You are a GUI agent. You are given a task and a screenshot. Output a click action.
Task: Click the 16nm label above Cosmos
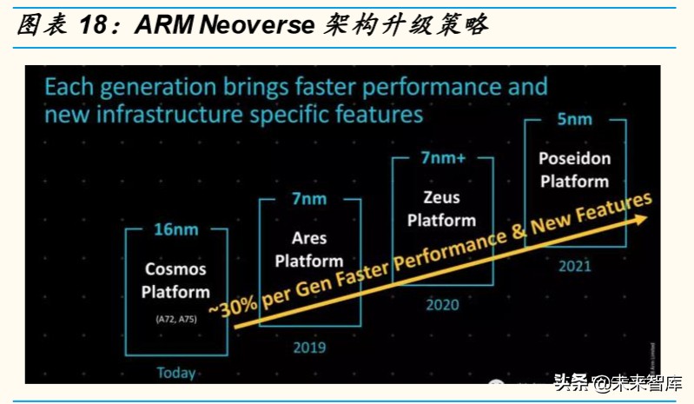176,230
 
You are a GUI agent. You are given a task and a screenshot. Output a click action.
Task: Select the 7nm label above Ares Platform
309,199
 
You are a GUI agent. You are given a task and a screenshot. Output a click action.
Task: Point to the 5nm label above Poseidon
573,119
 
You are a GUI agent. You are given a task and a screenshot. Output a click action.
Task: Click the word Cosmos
175,271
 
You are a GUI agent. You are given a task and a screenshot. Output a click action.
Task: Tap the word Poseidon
574,159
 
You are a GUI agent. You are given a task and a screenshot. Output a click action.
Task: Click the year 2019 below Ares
309,348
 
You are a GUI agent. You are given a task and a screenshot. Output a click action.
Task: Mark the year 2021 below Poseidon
574,264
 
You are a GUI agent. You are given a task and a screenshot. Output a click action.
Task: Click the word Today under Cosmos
176,373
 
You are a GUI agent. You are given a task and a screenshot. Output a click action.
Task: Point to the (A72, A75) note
176,320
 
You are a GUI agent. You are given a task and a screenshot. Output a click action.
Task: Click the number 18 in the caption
97,23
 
